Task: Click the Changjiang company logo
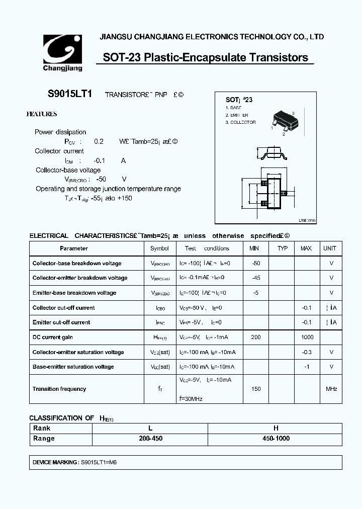pos(60,52)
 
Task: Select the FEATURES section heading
pos(41,114)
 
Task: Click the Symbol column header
pos(160,248)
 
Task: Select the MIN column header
pos(255,248)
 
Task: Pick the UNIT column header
pos(330,248)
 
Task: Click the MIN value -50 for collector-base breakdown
pos(255,264)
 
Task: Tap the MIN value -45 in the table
pos(255,278)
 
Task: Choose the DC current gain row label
pos(53,337)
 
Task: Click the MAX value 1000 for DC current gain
pos(307,337)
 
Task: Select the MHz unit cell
pos(331,389)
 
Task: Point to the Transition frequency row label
pos(59,389)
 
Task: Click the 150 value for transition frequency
pos(255,389)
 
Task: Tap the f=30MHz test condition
pos(191,399)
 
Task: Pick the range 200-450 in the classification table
pos(149,439)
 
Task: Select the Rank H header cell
pos(276,429)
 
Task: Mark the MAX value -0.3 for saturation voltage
pos(307,353)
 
